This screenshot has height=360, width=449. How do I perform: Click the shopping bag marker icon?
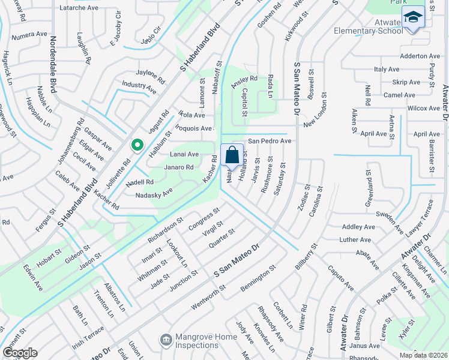232,155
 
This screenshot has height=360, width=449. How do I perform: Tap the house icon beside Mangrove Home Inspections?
165,340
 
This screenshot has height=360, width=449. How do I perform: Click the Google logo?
20,353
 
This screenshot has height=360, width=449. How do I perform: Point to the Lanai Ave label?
184,154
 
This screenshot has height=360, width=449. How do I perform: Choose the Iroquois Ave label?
194,128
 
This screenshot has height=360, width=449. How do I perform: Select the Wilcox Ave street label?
423,108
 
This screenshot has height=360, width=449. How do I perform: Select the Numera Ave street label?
28,34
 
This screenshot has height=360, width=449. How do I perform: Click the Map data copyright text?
423,355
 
